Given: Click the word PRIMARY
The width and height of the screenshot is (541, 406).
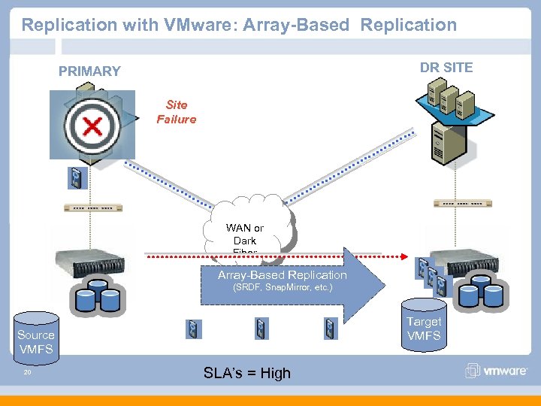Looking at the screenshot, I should coord(89,71).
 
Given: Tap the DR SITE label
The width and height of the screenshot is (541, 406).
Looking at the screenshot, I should coord(446,68).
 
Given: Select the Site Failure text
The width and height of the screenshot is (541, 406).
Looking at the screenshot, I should coord(176,112).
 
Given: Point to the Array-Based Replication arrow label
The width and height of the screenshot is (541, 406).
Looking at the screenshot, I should coord(283,275).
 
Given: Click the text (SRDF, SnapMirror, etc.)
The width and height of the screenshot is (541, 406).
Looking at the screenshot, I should coord(283,287).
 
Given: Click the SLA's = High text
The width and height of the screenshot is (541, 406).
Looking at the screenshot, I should coord(246,373).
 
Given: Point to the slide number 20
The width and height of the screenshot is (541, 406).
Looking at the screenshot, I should coord(26,371).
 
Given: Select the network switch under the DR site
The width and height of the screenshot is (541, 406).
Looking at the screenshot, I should coord(463,204).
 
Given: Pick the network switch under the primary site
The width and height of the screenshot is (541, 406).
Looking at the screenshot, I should coord(92,208).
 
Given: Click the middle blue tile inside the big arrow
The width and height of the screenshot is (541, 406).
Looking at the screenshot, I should coord(261,329).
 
